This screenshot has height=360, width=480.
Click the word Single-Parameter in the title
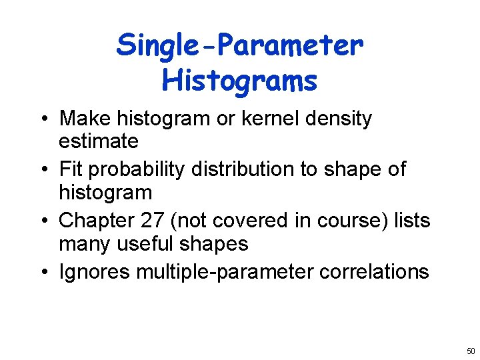240,46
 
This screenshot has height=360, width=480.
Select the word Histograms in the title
239,81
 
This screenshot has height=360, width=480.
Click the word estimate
99,141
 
